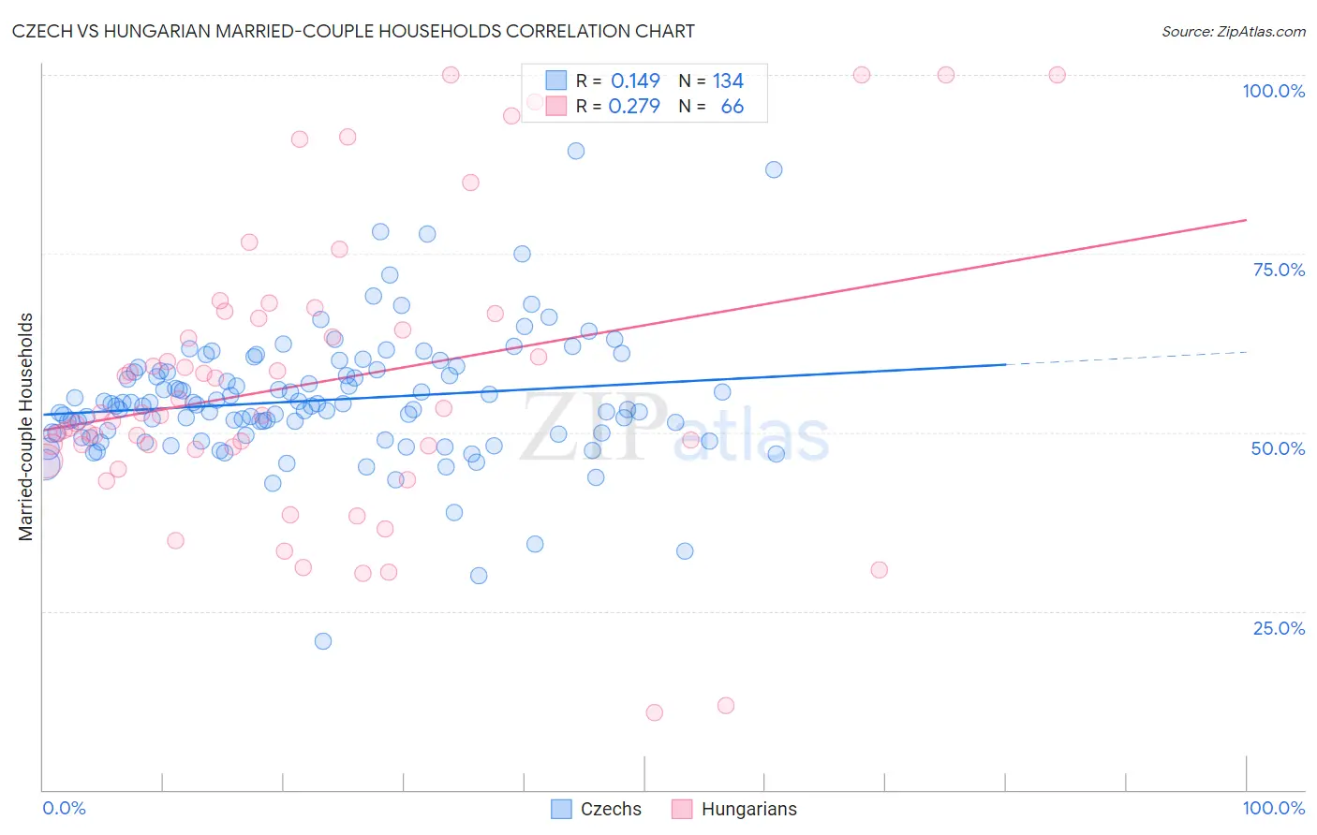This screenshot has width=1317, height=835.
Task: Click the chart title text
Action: (354, 31)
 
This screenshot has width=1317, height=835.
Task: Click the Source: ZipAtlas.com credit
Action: (1233, 31)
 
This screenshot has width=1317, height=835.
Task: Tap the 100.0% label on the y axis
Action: (1273, 91)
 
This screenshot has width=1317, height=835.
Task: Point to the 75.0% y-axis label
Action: (1279, 270)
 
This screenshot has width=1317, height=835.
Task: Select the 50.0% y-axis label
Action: (1278, 448)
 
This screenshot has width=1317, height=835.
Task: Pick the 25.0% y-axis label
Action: (1279, 627)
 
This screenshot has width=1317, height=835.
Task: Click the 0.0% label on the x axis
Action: (64, 808)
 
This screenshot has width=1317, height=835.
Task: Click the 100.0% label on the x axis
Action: (1273, 808)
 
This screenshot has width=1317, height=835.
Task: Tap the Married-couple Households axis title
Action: (26, 427)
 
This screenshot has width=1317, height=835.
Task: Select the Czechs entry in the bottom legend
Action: (611, 809)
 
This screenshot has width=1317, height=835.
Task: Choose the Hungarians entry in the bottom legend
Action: (748, 809)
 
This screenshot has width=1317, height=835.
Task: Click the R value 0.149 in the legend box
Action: (635, 81)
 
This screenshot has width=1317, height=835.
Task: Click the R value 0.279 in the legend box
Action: (634, 107)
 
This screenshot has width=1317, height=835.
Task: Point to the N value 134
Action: (728, 81)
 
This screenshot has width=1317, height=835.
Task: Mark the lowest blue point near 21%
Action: (323, 641)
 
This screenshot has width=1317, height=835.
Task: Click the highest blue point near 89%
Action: (576, 151)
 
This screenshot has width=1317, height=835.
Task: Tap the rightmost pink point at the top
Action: (1057, 75)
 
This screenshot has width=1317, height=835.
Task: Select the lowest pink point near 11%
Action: (655, 712)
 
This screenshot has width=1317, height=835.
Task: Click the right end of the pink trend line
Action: (1246, 220)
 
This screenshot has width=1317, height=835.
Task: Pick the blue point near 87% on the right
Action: (774, 169)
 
